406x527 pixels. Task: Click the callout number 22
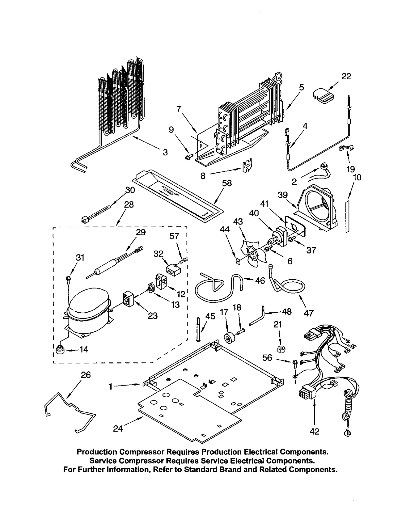(346, 76)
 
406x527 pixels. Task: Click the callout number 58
(227, 183)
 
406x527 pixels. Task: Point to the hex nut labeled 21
(281, 349)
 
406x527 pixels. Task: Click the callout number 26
(86, 375)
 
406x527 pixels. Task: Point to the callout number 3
(165, 152)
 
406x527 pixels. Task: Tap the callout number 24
(118, 429)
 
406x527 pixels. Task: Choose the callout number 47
(309, 313)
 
